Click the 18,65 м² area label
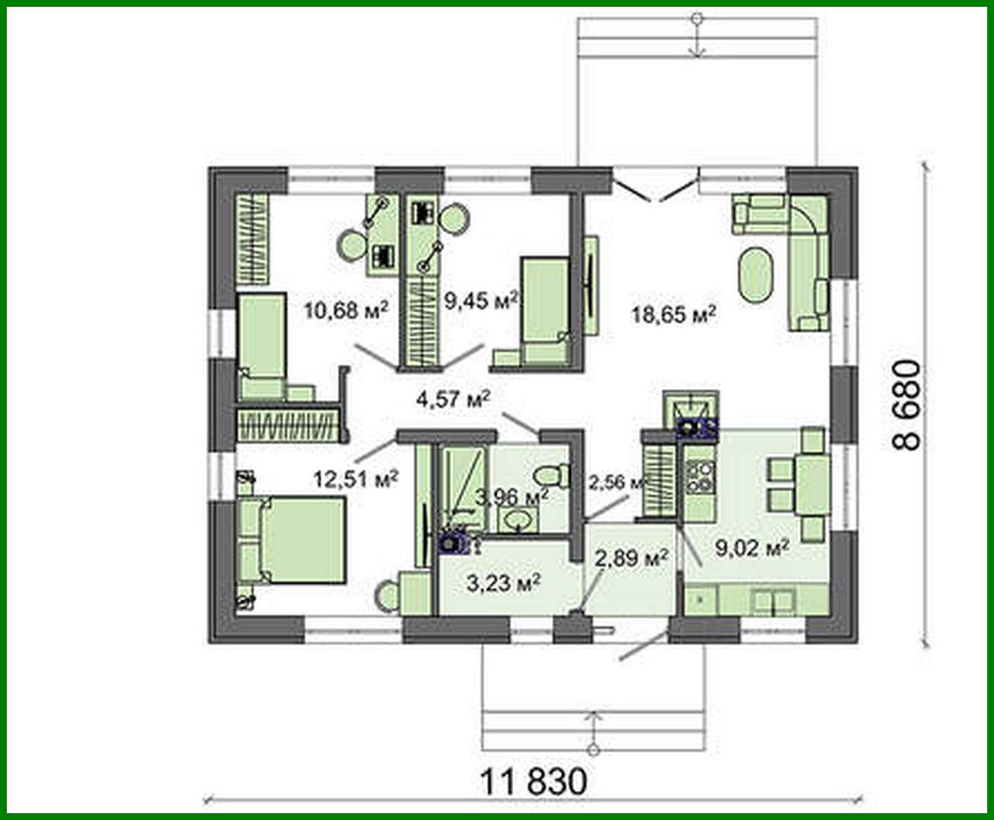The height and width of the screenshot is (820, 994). point(674,314)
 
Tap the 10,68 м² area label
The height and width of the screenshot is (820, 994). point(347,308)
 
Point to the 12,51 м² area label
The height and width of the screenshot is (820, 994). point(355,479)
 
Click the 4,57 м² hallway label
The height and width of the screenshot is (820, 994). point(453,399)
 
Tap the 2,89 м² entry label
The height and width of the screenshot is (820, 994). point(630,557)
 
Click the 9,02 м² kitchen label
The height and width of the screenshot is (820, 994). point(753,549)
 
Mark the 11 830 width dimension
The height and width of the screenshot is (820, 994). point(532,783)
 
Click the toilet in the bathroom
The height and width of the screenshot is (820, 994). point(553,473)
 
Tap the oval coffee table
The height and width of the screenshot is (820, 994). point(757,273)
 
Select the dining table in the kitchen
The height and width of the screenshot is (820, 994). point(811,485)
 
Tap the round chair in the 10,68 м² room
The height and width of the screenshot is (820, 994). point(352,246)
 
